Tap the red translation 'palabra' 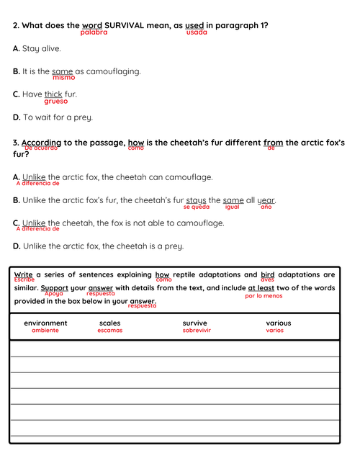click(x=94, y=32)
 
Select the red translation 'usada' click(x=197, y=32)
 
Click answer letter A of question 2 click(x=17, y=48)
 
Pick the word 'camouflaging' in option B click(x=114, y=71)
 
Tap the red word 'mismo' click(x=63, y=78)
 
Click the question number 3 click(x=16, y=143)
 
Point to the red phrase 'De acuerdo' click(x=40, y=148)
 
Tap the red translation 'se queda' click(x=196, y=207)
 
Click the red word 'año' click(x=266, y=207)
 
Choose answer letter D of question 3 click(x=17, y=246)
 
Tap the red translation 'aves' click(x=267, y=279)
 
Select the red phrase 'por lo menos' click(x=264, y=295)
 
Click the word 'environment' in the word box click(x=45, y=323)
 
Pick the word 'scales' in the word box click(x=110, y=323)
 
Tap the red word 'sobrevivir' click(x=197, y=331)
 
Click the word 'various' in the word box click(x=279, y=323)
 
